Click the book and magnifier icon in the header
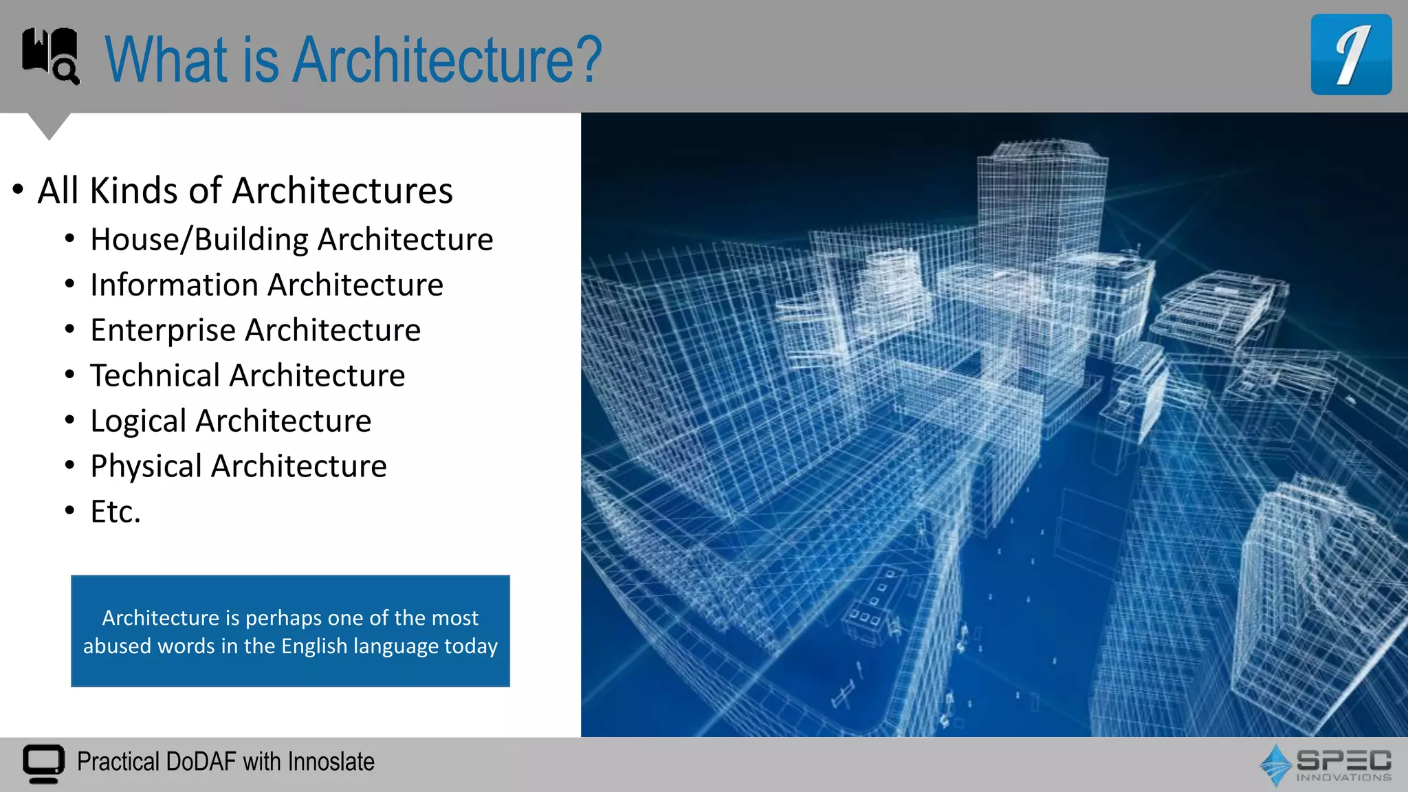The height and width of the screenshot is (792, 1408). pyautogui.click(x=51, y=56)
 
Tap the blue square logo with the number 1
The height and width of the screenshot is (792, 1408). pyautogui.click(x=1351, y=54)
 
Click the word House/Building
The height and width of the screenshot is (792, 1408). pyautogui.click(x=199, y=240)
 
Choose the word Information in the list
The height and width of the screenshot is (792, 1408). pyautogui.click(x=174, y=285)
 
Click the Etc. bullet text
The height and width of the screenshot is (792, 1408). pyautogui.click(x=115, y=511)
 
